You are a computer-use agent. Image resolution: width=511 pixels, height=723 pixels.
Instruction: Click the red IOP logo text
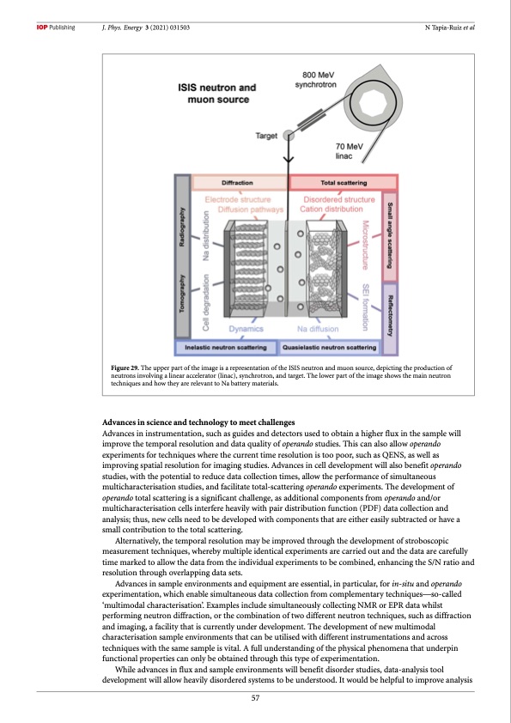click(x=42, y=27)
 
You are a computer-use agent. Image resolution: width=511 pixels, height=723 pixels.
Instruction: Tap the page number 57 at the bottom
click(x=255, y=698)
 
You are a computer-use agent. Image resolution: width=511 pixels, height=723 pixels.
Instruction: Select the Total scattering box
click(x=344, y=183)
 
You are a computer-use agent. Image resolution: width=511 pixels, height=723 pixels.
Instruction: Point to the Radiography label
click(x=182, y=227)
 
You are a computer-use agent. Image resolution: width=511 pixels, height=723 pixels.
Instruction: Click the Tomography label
click(x=182, y=294)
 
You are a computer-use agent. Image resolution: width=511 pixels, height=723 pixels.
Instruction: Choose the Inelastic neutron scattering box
click(x=226, y=348)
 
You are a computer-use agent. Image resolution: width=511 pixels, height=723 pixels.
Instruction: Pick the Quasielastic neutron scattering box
click(x=329, y=348)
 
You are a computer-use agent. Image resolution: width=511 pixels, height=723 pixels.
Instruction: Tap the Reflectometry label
click(x=390, y=316)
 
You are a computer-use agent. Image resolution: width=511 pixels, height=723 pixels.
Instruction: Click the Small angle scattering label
click(x=390, y=235)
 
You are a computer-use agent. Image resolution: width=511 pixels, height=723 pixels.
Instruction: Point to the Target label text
click(x=266, y=136)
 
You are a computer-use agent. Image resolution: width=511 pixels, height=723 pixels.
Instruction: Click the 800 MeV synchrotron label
click(x=316, y=80)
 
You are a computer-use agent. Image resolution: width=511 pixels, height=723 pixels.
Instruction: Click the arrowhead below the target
click(x=289, y=159)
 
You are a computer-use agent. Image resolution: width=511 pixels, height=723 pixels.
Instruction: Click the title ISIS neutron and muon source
click(x=217, y=94)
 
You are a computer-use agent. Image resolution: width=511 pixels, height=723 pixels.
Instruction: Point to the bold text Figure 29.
click(x=125, y=368)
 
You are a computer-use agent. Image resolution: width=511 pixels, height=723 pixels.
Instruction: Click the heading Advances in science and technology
click(x=198, y=422)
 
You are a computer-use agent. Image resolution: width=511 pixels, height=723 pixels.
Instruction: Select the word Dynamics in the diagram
click(x=246, y=329)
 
